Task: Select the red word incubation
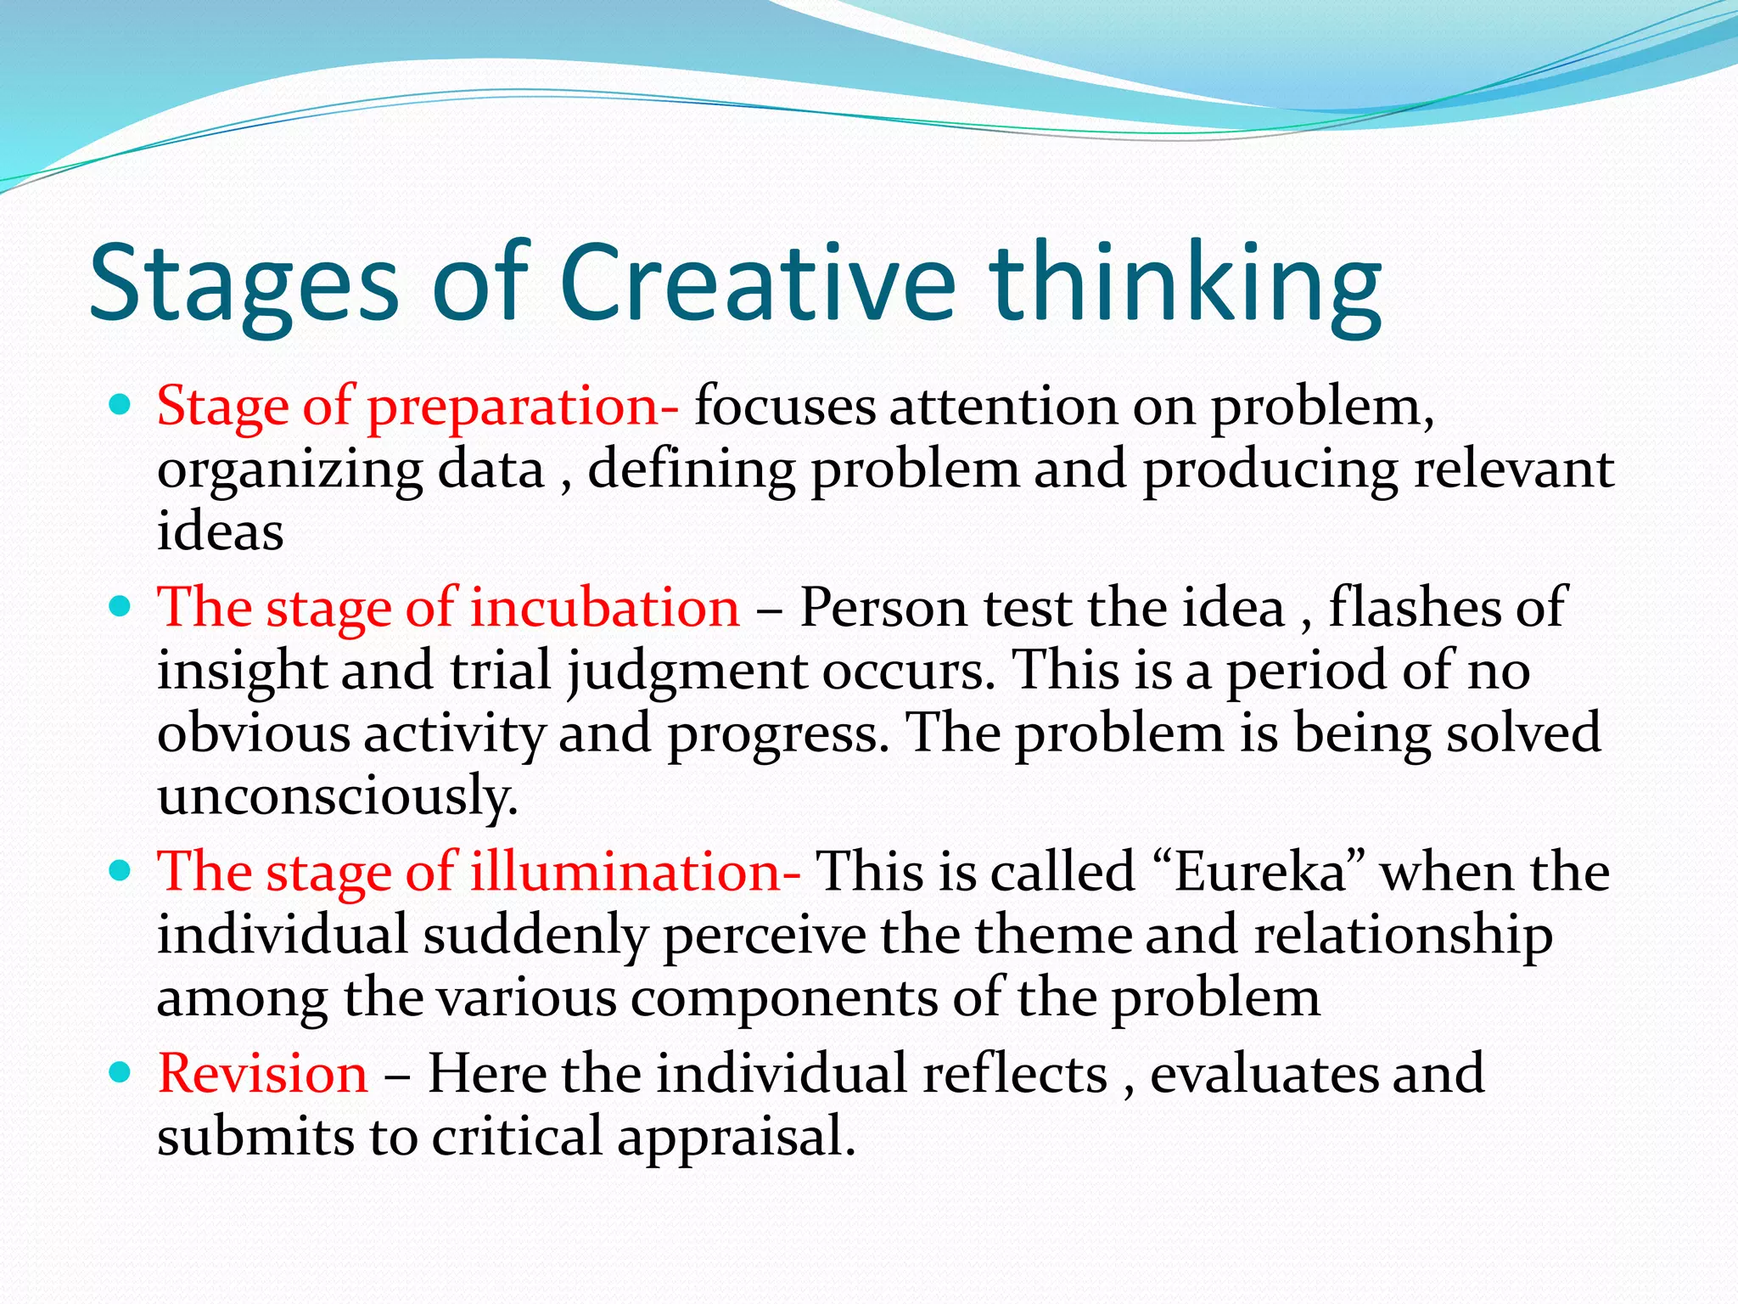pyautogui.click(x=605, y=608)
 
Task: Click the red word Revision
pyautogui.click(x=263, y=1073)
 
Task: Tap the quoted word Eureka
pyautogui.click(x=1261, y=872)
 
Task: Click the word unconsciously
pyautogui.click(x=338, y=796)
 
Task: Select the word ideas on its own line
pyautogui.click(x=221, y=532)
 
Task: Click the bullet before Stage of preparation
pyautogui.click(x=121, y=404)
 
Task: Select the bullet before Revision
pyautogui.click(x=121, y=1071)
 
